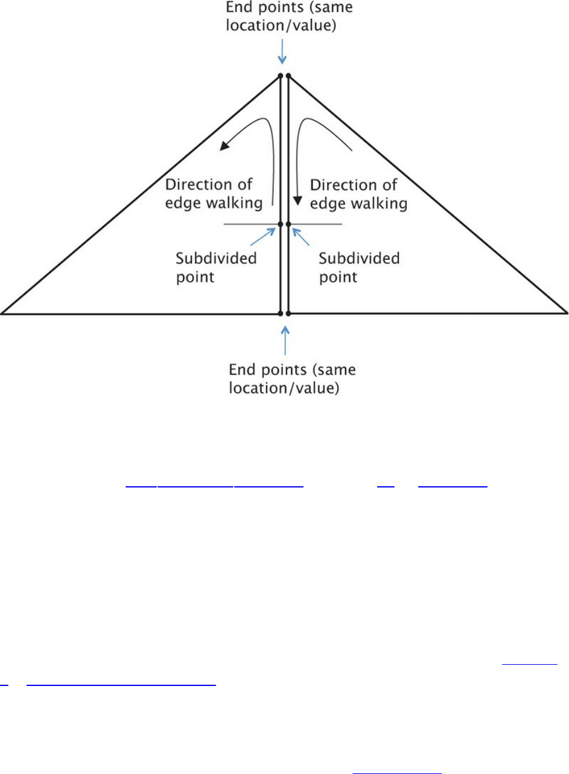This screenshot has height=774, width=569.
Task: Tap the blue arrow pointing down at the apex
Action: tap(282, 55)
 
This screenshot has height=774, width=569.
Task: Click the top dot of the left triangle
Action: tap(281, 76)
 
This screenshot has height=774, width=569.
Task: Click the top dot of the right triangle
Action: tap(288, 76)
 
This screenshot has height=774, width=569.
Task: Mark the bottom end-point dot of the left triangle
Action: tap(280, 314)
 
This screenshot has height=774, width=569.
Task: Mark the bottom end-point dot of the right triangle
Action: tap(288, 314)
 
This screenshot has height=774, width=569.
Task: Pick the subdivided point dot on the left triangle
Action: tap(281, 225)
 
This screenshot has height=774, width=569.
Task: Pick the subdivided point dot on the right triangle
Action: tap(288, 225)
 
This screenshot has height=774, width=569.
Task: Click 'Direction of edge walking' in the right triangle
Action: tap(358, 194)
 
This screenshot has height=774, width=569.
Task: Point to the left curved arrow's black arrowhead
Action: tap(224, 146)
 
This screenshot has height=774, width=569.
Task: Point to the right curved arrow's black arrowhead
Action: tap(298, 200)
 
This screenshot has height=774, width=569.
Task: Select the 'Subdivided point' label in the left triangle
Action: tap(216, 267)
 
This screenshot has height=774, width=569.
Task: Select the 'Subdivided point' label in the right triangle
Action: tap(359, 267)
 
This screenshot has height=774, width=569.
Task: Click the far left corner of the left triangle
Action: tap(3, 313)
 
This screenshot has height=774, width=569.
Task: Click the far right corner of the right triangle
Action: tap(565, 313)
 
